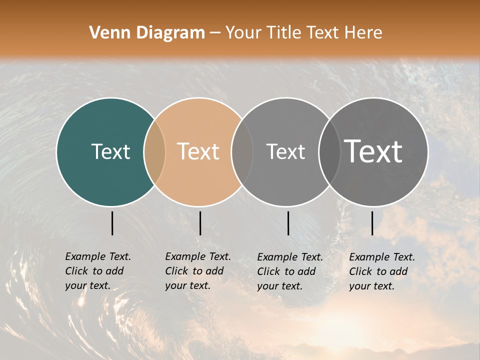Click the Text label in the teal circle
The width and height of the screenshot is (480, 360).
[x=110, y=151]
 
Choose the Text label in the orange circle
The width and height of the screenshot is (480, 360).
[x=198, y=151]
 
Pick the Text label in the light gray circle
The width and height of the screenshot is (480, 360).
[x=285, y=151]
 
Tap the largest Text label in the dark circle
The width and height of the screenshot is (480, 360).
[x=373, y=151]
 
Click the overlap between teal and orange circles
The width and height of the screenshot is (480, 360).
[x=154, y=152]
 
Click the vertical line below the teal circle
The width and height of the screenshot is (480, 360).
[x=112, y=223]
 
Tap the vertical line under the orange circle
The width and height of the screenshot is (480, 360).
[x=200, y=223]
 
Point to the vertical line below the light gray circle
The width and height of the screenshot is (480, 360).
[x=288, y=223]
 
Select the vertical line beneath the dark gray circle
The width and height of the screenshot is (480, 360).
[x=372, y=223]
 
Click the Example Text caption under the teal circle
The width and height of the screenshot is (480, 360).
[x=97, y=271]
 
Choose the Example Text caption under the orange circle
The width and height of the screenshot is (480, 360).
[x=197, y=271]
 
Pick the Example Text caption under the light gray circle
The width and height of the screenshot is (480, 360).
[x=289, y=271]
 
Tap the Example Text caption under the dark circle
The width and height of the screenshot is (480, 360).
[x=381, y=271]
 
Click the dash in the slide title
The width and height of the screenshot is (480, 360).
[x=215, y=33]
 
